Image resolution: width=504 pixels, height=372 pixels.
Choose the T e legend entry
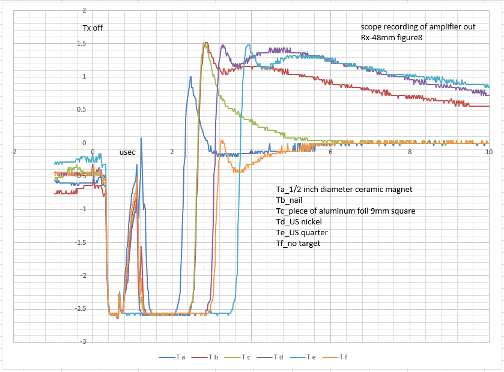[311, 358]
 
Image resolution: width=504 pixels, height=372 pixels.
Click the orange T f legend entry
[343, 358]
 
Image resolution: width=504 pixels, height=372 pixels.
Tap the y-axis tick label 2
[84, 11]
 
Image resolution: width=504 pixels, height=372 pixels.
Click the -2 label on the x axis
[13, 152]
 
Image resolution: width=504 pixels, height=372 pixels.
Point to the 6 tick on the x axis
[330, 152]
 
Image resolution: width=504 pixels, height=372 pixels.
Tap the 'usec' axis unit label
[127, 152]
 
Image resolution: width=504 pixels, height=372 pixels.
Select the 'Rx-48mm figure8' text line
[388, 38]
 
